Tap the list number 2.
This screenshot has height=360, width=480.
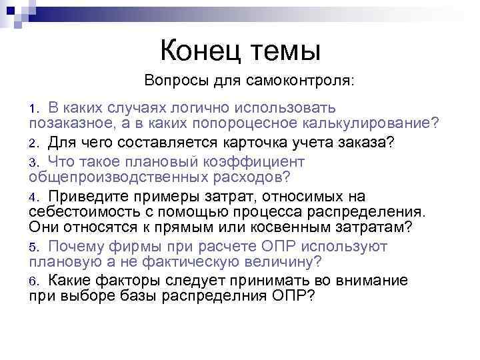click(33, 143)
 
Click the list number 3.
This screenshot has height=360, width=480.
click(33, 162)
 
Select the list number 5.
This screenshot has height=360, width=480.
click(33, 247)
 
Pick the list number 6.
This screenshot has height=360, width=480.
click(33, 281)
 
